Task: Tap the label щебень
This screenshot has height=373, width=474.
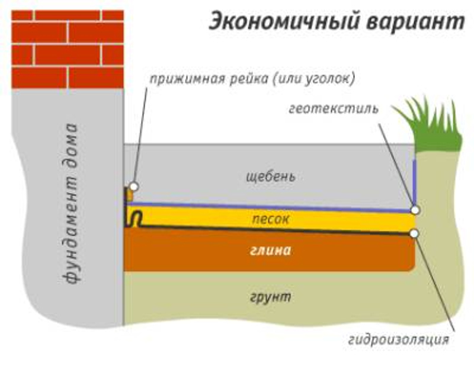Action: tap(270, 176)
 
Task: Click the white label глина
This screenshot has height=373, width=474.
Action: tap(270, 250)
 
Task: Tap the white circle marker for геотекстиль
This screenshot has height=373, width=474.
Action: tap(415, 210)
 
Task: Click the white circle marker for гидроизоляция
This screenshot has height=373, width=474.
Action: tap(414, 233)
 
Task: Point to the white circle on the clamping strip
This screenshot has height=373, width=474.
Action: tap(134, 186)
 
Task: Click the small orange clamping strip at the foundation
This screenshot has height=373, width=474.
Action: tap(127, 195)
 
